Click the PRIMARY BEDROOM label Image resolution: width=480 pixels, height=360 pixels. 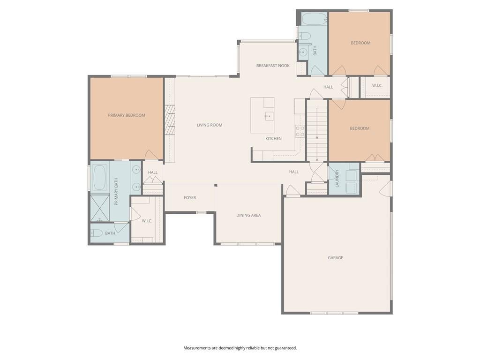point(127,115)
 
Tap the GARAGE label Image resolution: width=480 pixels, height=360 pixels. point(336,258)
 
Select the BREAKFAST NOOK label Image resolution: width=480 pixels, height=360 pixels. point(273,66)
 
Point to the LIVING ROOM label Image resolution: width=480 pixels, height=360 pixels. point(210,125)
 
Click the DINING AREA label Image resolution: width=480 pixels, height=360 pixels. point(248,215)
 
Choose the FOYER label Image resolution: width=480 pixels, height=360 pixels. point(190,198)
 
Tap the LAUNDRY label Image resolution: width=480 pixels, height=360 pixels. point(337,179)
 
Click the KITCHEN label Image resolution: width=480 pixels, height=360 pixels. point(273,139)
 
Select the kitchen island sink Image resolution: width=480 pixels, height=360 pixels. point(269,117)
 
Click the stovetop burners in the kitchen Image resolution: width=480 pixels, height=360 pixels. point(300,131)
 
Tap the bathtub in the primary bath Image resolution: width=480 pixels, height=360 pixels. point(99,178)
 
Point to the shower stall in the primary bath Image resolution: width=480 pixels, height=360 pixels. point(100,208)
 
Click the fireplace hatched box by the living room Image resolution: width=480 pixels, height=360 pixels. point(170,120)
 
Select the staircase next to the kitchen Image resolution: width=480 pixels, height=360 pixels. point(317,130)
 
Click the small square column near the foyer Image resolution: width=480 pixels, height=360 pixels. point(216,185)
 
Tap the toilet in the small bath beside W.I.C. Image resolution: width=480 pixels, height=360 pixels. point(97,233)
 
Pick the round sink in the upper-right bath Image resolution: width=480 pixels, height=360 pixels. point(303,52)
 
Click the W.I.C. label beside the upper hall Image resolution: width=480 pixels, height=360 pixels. point(377,86)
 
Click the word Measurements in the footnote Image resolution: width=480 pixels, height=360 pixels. point(197,348)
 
